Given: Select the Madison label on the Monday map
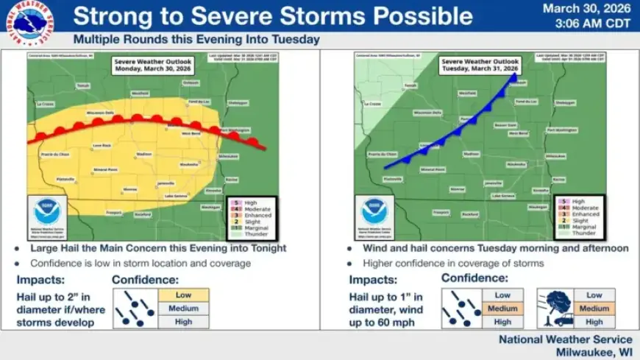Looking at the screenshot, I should pos(144,154).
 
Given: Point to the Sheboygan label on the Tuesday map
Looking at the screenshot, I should pos(566,102).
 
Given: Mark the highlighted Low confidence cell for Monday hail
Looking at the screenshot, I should pos(183,294).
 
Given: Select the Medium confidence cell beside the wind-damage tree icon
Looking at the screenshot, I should pos(594,308).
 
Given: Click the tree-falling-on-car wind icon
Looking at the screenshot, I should pos(556,308).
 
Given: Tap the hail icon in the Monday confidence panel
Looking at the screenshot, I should pos(135,308).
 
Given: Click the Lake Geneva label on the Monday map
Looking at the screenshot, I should pos(176,196).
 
